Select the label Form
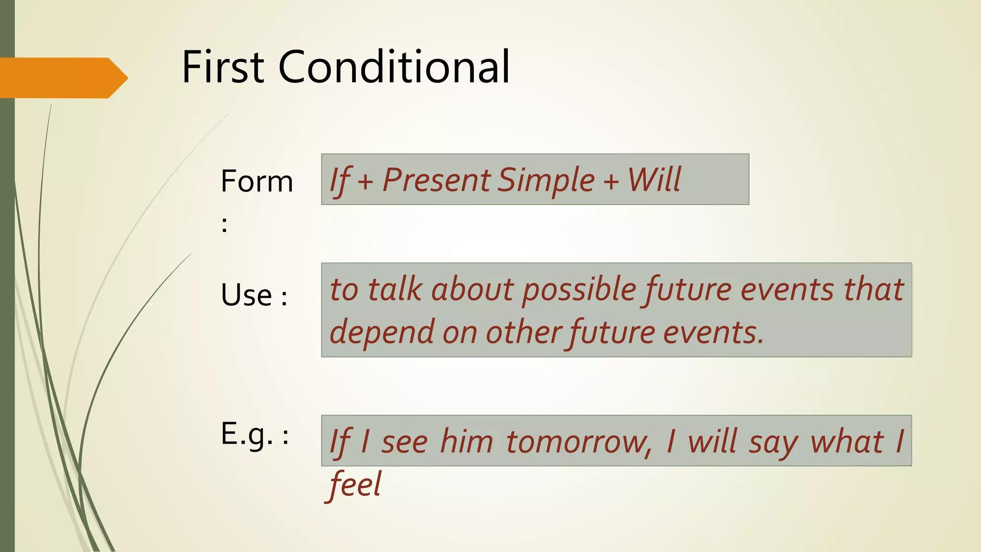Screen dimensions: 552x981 [257, 182]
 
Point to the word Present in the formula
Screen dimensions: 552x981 [436, 180]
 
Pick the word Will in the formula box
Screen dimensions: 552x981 [654, 180]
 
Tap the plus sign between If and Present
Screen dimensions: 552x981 [365, 183]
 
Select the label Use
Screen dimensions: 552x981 [246, 295]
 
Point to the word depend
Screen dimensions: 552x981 [381, 333]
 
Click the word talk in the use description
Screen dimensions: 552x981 [395, 290]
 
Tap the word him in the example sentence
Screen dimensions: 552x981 [466, 442]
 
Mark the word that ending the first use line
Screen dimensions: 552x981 [873, 290]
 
